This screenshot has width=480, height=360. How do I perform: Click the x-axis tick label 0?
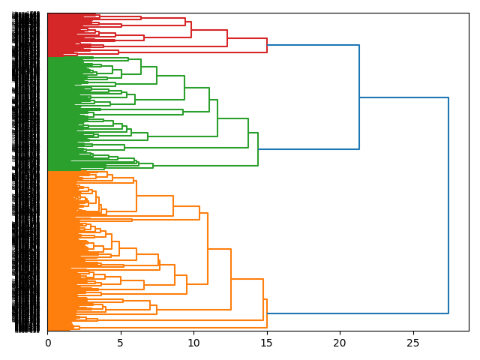(x=47, y=343)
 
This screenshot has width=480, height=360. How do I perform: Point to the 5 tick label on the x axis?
(x=121, y=343)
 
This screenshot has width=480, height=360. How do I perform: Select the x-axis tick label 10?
(x=193, y=343)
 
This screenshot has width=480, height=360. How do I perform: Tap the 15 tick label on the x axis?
(x=266, y=343)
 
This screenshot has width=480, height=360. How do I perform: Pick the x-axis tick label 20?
(x=340, y=343)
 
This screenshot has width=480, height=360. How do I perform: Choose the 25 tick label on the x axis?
(x=412, y=343)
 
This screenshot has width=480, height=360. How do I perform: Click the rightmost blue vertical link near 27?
(x=448, y=205)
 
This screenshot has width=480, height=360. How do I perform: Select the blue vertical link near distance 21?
(x=359, y=97)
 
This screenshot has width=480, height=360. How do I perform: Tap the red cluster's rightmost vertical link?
(x=267, y=45)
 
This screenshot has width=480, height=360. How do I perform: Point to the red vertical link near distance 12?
(x=227, y=38)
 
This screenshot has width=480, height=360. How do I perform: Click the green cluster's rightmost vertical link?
(x=258, y=148)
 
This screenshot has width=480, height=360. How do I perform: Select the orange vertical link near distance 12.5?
(x=231, y=279)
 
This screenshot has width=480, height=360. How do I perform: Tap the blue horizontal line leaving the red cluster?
(x=313, y=45)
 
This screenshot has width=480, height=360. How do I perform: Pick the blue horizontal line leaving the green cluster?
(x=308, y=149)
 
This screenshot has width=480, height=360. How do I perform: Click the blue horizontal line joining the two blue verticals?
(x=403, y=97)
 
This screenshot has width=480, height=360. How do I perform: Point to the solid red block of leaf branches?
(x=60, y=34)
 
